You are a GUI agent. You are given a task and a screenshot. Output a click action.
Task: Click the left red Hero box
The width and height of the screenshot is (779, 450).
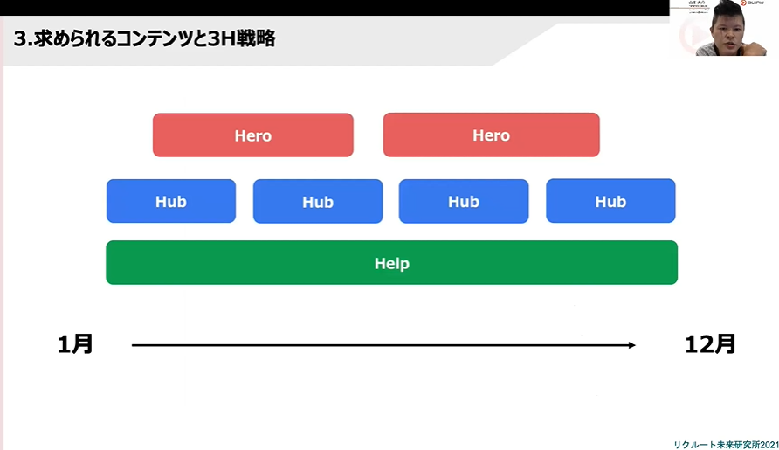[x=252, y=135]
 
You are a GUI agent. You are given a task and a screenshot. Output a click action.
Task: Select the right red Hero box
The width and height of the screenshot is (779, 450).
[x=491, y=135]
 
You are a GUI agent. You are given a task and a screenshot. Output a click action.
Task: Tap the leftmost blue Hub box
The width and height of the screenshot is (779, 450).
[x=171, y=202]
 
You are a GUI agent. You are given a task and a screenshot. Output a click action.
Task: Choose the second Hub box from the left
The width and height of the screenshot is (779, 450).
[x=318, y=202]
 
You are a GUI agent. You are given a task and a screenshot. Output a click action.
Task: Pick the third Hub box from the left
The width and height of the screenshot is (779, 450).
[x=464, y=202]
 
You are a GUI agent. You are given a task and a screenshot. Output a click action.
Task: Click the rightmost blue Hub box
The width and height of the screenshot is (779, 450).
[x=610, y=201]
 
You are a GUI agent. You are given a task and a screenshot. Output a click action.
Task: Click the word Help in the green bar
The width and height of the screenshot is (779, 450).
[x=391, y=263]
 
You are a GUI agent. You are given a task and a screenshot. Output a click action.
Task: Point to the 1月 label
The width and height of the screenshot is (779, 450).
[x=76, y=344]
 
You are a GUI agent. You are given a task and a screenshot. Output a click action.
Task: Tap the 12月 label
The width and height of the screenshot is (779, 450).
[x=710, y=344]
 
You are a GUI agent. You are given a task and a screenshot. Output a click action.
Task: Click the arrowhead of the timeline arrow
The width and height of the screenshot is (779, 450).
[x=631, y=345]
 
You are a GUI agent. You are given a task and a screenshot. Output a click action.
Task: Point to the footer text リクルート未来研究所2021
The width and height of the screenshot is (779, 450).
[x=725, y=444]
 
